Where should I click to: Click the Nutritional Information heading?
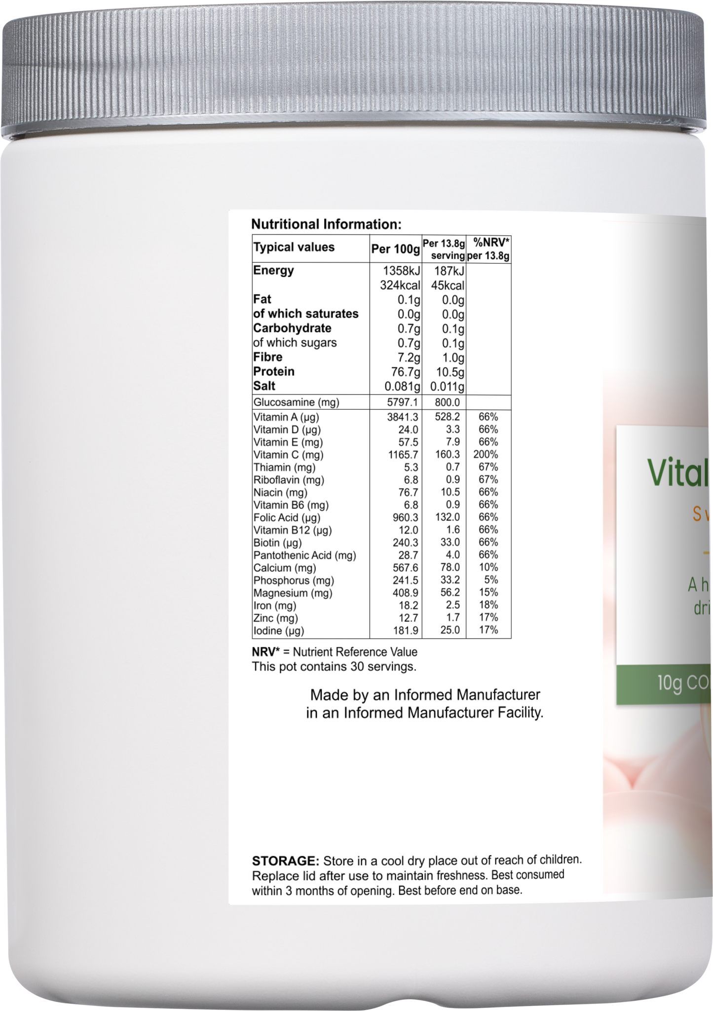tap(326, 224)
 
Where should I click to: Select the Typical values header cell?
tap(294, 247)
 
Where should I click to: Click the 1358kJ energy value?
tap(401, 271)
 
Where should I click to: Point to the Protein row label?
tap(274, 371)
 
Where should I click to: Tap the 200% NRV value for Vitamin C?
tap(486, 455)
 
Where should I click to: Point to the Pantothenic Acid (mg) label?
tap(304, 555)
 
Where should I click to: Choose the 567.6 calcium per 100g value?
tap(404, 568)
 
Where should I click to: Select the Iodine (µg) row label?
tap(279, 631)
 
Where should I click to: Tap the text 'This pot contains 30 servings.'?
tap(334, 667)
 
